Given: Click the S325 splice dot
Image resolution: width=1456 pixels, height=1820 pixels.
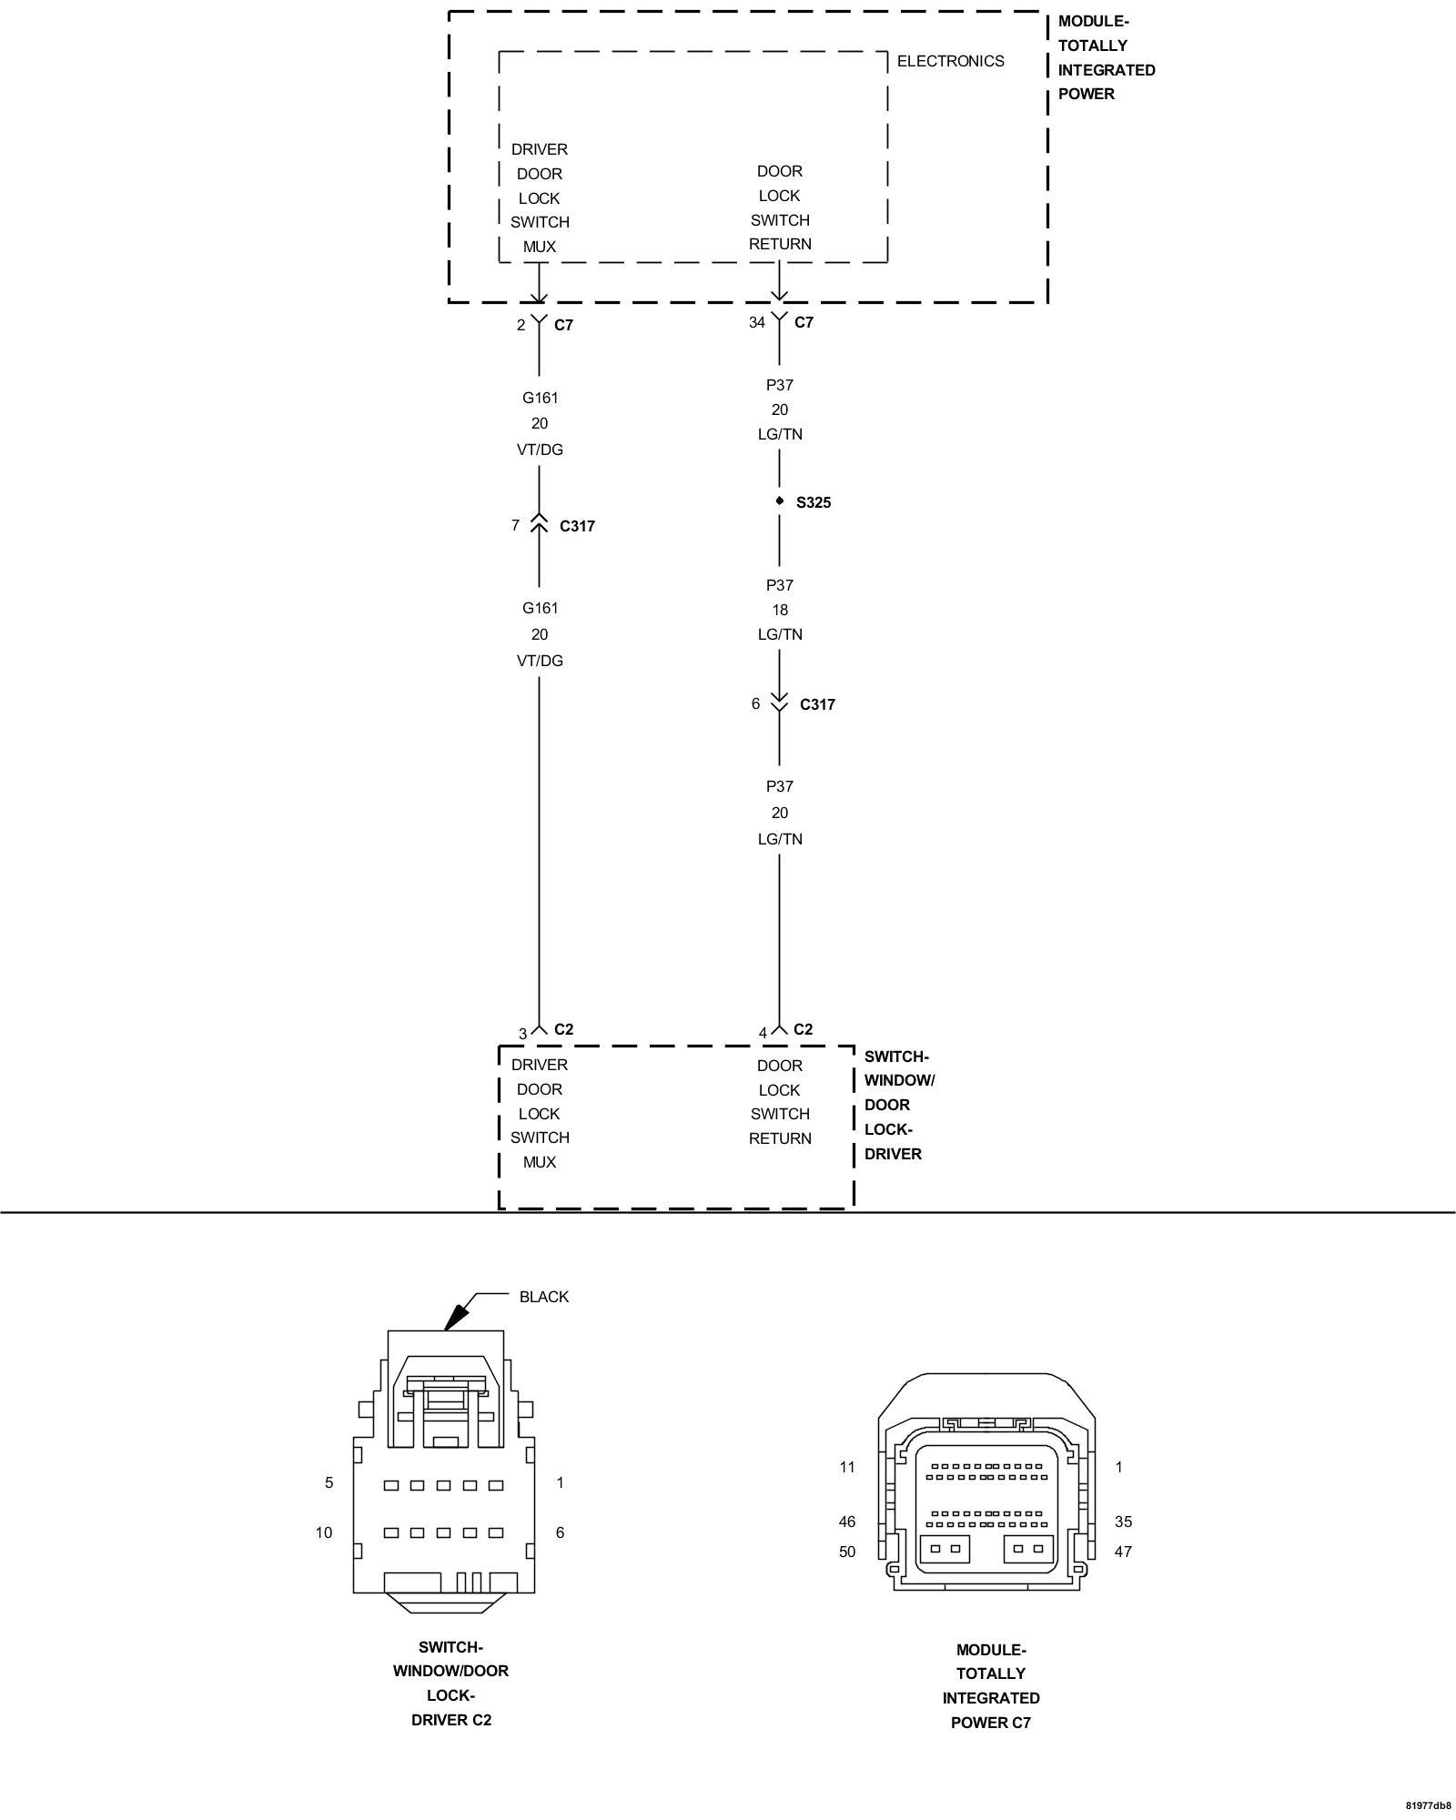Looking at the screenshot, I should pos(780,501).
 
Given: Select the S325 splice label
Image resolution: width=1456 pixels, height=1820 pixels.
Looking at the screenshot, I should pos(814,502).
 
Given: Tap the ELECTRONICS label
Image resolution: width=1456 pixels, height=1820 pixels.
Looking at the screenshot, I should pos(950,61).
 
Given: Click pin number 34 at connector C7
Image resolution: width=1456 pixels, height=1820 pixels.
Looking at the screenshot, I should pos(756,322).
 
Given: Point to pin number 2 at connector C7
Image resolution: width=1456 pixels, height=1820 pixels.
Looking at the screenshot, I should pos(521,325).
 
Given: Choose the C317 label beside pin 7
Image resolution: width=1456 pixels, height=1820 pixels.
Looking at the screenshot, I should pos(577,526).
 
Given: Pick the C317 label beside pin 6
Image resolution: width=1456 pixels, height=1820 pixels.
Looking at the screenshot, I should pos(817,704).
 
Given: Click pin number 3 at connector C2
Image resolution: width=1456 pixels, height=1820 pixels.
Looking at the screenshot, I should pos(522,1034).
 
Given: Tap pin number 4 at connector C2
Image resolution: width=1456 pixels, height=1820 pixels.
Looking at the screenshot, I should pos(763,1033).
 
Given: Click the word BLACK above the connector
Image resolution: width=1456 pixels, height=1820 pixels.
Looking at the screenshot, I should pos(543,1297).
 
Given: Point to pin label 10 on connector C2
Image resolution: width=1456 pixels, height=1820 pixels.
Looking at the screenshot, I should pos(324,1532).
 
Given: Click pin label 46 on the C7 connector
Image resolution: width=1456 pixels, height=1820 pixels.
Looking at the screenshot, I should pos(846,1522).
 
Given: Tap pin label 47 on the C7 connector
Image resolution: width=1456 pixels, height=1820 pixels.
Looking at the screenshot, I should pos(1123,1552).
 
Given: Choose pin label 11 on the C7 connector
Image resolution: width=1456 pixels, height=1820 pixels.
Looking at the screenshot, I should pos(847,1467).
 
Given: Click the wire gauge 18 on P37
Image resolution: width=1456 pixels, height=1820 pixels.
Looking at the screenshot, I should pos(780,610).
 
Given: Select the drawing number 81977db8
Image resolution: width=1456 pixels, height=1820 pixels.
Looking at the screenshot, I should pos(1428,1805).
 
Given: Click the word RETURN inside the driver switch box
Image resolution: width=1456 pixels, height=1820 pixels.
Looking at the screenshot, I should pos(780,1138).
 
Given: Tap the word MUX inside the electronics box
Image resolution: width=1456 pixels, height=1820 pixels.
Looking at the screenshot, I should pos(539,247).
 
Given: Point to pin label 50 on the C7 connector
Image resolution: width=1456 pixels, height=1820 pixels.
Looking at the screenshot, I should pos(846,1552).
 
